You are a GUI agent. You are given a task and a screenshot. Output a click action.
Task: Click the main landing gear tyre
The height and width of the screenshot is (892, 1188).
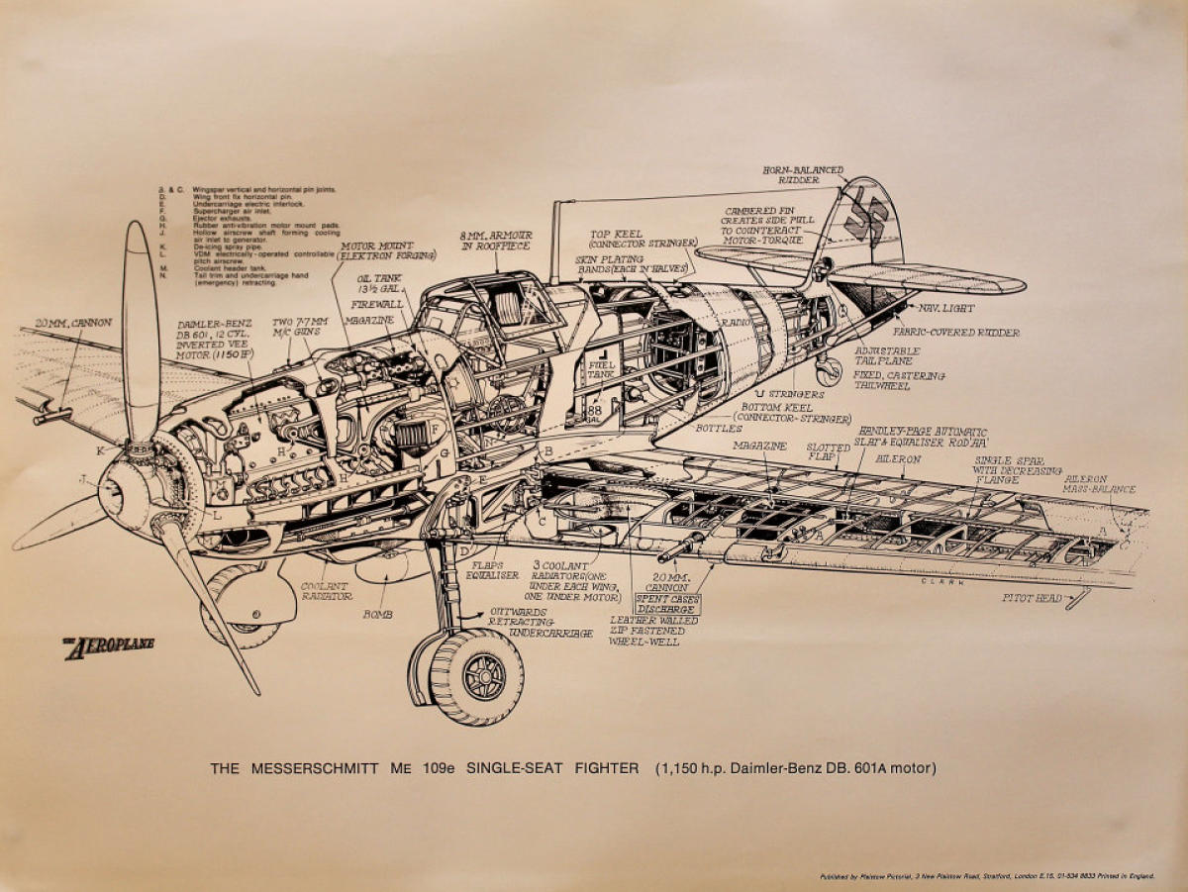tap(475, 676)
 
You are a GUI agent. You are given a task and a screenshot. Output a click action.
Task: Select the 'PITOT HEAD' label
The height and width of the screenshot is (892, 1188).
tap(1032, 598)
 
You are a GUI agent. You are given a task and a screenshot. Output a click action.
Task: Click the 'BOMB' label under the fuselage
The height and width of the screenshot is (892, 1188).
tap(377, 614)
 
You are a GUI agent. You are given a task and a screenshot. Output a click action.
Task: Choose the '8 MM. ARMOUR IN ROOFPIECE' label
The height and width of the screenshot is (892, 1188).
tap(496, 240)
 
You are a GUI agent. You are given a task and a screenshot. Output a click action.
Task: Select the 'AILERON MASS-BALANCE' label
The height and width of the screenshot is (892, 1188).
tap(1099, 483)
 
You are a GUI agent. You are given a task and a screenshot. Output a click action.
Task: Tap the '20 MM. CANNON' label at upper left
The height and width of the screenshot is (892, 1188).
tap(73, 323)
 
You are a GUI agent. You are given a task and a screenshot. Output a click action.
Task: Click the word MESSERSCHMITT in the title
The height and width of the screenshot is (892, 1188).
tap(315, 767)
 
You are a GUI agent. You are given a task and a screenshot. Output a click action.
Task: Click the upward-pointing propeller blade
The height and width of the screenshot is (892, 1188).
tap(140, 327)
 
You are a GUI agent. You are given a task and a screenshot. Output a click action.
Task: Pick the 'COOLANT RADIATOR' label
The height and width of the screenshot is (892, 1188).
tap(327, 591)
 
